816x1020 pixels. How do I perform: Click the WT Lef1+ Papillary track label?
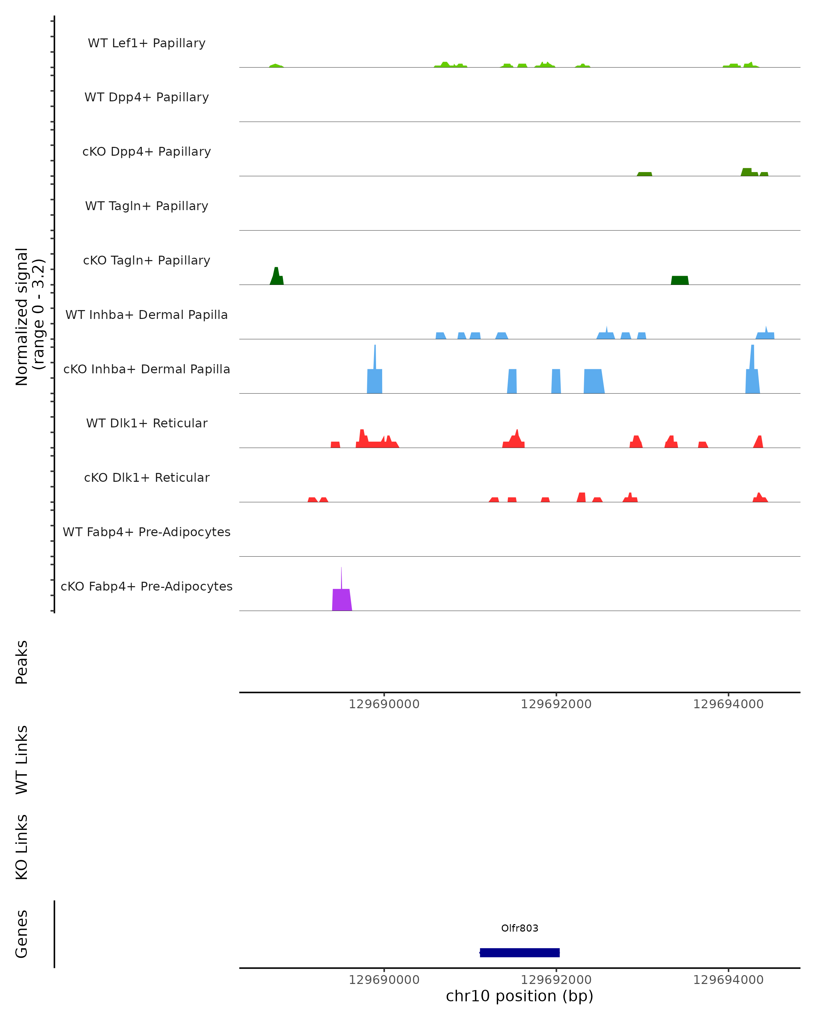pos(147,43)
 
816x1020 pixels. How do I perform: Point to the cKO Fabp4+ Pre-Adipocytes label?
pos(147,586)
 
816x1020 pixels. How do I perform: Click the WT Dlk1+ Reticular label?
pos(147,423)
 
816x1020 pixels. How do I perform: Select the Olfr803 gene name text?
pos(520,928)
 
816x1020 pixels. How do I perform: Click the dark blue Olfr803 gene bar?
pos(520,952)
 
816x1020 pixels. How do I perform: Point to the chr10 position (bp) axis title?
pos(520,996)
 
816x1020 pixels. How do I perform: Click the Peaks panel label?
pos(22,662)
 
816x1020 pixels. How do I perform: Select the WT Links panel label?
pos(22,759)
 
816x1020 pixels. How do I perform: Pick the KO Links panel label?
pos(22,847)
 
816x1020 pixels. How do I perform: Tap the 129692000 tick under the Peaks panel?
pos(556,704)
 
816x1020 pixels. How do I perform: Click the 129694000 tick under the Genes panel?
pos(728,980)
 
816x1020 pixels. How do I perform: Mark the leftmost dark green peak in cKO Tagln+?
pos(277,277)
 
